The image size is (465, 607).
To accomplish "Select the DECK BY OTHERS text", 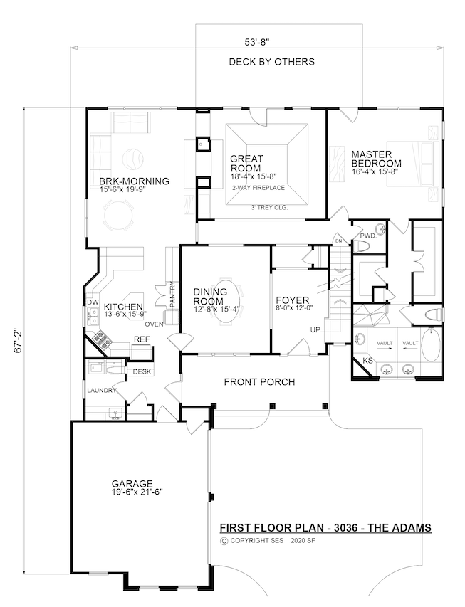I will pyautogui.click(x=271, y=62).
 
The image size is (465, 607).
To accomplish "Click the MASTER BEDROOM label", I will pyautogui.click(x=375, y=158).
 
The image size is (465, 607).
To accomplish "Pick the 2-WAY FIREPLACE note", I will pyautogui.click(x=258, y=188).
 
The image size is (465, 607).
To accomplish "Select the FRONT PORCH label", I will pyautogui.click(x=259, y=382).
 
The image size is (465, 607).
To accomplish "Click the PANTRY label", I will pyautogui.click(x=172, y=294).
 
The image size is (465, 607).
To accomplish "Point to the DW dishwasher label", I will pyautogui.click(x=92, y=302).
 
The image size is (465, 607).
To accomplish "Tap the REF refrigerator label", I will pyautogui.click(x=141, y=340).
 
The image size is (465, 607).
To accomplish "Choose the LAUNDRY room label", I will pyautogui.click(x=100, y=391).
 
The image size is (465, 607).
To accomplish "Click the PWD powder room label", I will pyautogui.click(x=367, y=235).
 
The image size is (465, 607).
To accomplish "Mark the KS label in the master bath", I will pyautogui.click(x=367, y=361).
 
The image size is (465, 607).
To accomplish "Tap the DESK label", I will pyautogui.click(x=142, y=371).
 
